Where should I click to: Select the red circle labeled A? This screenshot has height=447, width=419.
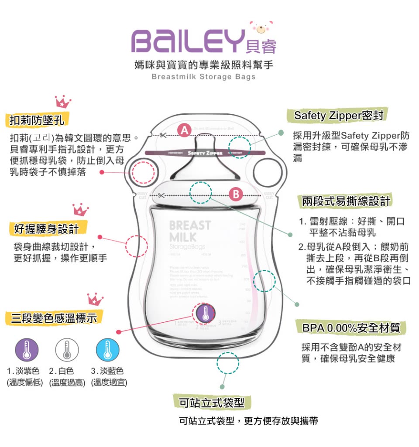coord(185,130)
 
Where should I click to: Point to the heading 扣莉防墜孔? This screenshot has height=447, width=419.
coord(37,119)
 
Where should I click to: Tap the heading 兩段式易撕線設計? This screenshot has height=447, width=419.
coord(347,201)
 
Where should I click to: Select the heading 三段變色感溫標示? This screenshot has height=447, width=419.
coord(54,317)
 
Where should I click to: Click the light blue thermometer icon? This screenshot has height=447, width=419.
coord(107,349)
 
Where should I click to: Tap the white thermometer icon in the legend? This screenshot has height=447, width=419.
coord(67,349)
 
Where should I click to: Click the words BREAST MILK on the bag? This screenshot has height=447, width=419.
coord(189,232)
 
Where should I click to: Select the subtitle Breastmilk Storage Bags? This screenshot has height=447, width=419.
coord(203,77)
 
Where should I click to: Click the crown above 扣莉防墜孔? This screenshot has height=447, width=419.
coord(63,102)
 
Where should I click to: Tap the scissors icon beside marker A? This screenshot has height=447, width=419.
coord(162,135)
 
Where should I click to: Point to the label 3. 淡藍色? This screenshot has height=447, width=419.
coord(107,372)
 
